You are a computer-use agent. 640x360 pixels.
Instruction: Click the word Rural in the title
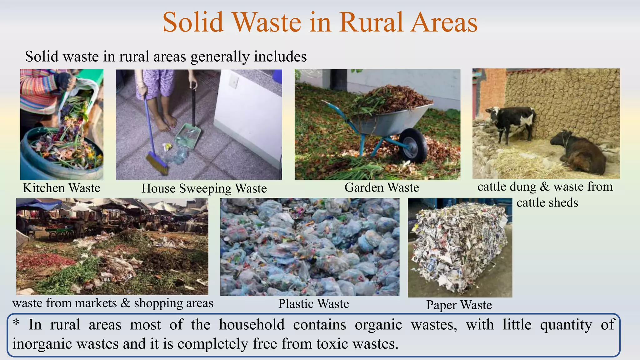tap(372, 22)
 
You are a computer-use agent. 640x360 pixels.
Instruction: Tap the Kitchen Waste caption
tap(62, 188)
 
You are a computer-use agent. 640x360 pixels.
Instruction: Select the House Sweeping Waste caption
tap(204, 189)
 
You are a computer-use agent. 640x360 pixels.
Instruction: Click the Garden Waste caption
tap(382, 187)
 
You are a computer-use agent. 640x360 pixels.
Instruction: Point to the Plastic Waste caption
tap(313, 304)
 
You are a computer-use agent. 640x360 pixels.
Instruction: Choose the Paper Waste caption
tap(459, 305)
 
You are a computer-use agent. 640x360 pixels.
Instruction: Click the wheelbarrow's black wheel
tap(413, 146)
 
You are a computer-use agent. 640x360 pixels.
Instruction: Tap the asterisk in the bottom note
tap(16, 323)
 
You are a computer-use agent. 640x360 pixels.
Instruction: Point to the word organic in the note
tap(378, 325)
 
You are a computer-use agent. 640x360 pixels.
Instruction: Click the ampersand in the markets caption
tap(125, 303)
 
